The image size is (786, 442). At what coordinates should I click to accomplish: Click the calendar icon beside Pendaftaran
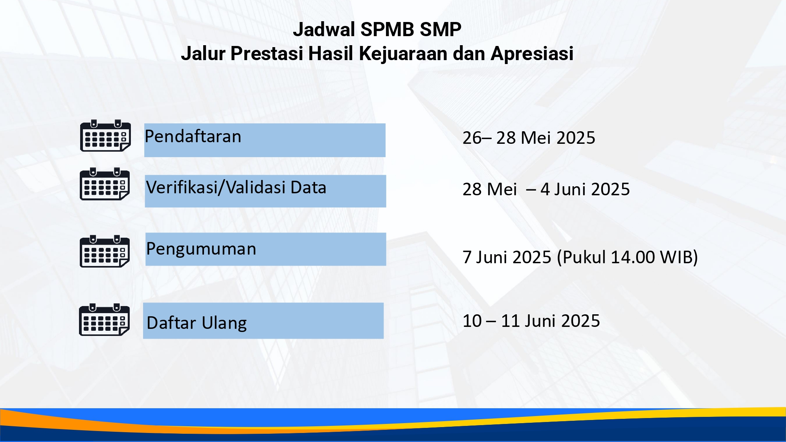pos(105,136)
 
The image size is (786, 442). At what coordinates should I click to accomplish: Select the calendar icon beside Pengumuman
pos(105,251)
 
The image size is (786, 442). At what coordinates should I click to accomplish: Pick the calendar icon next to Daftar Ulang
pos(105,319)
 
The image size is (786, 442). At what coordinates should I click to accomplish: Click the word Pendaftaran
pos(193,137)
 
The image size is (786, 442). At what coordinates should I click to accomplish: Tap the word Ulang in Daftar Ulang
pos(224,323)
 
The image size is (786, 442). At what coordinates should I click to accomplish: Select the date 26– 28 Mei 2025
pos(529,138)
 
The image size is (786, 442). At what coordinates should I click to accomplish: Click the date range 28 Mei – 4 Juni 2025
pos(546,189)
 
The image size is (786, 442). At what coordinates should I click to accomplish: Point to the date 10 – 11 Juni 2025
pos(531,321)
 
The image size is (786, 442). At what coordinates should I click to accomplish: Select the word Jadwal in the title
pos(324,29)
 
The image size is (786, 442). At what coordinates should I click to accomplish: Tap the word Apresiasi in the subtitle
pos(532,54)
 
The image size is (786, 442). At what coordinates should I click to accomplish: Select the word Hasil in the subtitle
pos(331,53)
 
